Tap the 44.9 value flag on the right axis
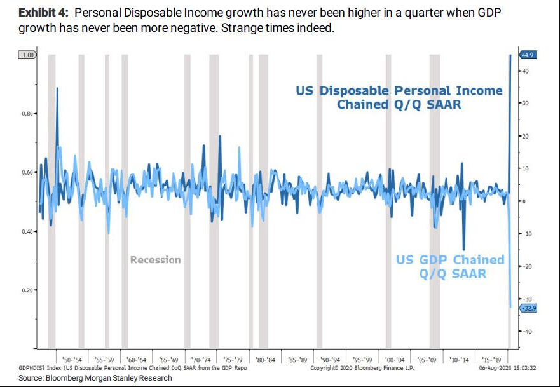tap(528, 55)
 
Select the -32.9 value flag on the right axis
tap(529, 308)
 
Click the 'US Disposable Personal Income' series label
tap(399, 91)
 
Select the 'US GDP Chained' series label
tap(449, 260)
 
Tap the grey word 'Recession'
tap(155, 260)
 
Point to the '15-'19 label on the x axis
tap(492, 359)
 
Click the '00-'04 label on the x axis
tap(395, 359)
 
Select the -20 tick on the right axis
tap(527, 266)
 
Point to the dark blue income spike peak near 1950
tap(57, 88)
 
